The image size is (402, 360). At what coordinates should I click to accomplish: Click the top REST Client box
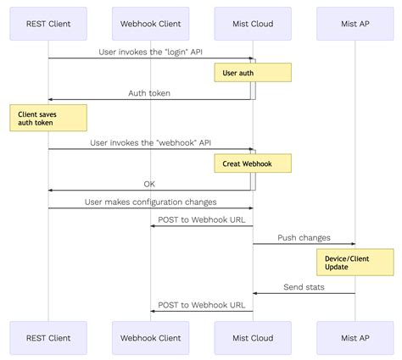[x=48, y=23]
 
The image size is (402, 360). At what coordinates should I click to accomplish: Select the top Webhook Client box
[x=151, y=23]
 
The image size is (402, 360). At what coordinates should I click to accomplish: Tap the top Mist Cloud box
[x=253, y=23]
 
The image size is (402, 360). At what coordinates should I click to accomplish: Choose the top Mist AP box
[x=355, y=23]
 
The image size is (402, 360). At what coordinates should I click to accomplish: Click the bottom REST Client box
[x=48, y=337]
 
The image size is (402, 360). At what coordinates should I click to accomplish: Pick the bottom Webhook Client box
[x=151, y=337]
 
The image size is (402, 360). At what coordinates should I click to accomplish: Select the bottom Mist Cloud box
[x=253, y=337]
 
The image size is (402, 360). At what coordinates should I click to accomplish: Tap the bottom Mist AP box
[x=355, y=337]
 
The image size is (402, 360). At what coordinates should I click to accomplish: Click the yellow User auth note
[x=253, y=73]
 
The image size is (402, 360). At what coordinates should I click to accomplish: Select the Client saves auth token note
[x=48, y=119]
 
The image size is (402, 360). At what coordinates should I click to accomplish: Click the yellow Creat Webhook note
[x=253, y=163]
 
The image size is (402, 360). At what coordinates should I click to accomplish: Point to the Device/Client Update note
[x=355, y=262]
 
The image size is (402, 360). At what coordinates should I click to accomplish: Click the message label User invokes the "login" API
[x=150, y=52]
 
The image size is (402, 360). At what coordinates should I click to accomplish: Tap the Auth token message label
[x=150, y=92]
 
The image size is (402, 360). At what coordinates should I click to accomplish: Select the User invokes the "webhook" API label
[x=150, y=142]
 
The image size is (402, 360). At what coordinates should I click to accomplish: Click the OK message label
[x=149, y=183]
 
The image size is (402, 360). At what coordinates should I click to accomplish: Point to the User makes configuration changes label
[x=150, y=202]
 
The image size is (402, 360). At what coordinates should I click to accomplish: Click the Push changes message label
[x=304, y=237]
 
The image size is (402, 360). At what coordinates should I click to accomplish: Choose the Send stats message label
[x=304, y=287]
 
